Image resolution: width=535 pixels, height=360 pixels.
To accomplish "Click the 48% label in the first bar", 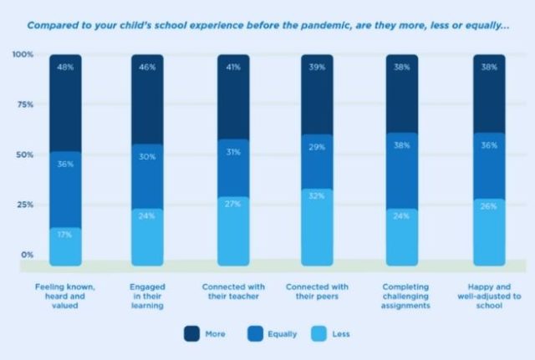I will coord(65,66).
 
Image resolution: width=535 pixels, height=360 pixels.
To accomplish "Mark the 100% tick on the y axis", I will coord(23,55).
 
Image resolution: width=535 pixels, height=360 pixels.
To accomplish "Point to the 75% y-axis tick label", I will coord(23,104).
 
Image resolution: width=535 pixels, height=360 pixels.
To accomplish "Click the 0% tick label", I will coord(27,254).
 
